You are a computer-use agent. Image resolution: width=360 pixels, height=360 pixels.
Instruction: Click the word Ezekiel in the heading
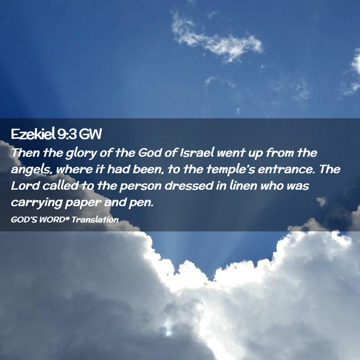(x=33, y=134)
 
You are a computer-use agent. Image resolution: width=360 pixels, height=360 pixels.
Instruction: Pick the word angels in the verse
(x=30, y=170)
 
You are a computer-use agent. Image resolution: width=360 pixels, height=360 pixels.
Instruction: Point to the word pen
(x=141, y=204)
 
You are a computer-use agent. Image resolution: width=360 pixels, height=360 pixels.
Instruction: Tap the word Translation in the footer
(x=95, y=220)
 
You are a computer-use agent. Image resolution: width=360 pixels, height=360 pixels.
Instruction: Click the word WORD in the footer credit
(x=52, y=220)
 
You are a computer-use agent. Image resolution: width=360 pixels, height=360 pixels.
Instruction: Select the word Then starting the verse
(x=26, y=153)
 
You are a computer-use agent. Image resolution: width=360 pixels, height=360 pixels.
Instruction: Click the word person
(x=140, y=186)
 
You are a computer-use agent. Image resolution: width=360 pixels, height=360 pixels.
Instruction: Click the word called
(x=61, y=186)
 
